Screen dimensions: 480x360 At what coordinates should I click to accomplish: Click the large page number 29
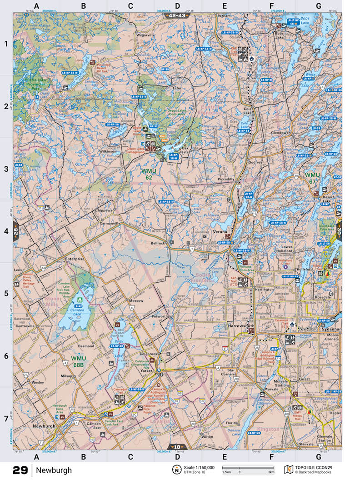pyautogui.click(x=20, y=470)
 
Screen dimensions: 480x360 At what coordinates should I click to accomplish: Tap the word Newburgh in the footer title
pyautogui.click(x=54, y=470)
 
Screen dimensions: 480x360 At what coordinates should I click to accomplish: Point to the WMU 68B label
pyautogui.click(x=78, y=361)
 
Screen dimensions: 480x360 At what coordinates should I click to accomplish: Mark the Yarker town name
pyautogui.click(x=146, y=371)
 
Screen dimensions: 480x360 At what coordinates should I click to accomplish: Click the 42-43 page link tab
pyautogui.click(x=177, y=15)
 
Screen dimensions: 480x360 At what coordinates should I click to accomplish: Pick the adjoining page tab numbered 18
pyautogui.click(x=177, y=447)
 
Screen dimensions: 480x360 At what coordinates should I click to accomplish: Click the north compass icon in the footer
pyautogui.click(x=175, y=470)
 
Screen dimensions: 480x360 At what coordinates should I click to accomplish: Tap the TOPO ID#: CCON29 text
pyautogui.click(x=317, y=467)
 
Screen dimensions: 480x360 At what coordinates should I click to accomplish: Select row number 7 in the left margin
pyautogui.click(x=6, y=418)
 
